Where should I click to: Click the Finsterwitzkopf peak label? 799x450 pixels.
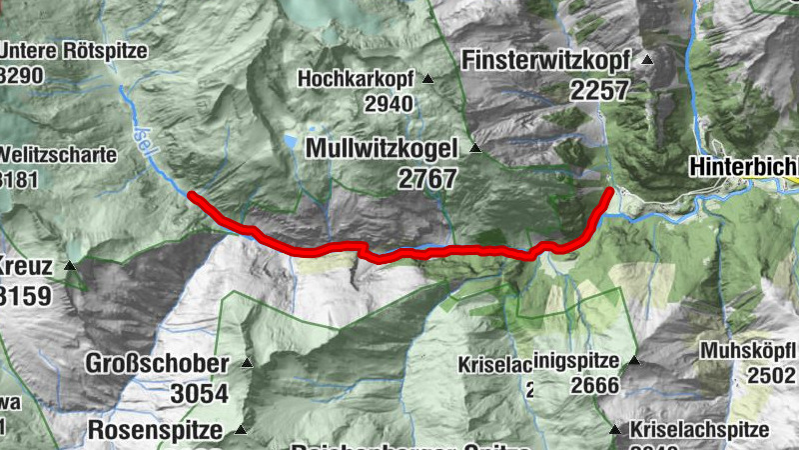[545, 60]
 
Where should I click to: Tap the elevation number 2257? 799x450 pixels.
[599, 90]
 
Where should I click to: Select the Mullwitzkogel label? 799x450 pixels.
[383, 149]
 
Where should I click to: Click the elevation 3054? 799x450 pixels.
[200, 393]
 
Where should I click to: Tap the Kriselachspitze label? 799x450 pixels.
[700, 430]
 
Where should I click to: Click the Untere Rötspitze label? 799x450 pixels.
[75, 50]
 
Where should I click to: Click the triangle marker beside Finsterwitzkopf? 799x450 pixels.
[646, 60]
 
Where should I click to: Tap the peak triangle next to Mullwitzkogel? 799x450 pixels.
[475, 149]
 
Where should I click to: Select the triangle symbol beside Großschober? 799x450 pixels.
[247, 362]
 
